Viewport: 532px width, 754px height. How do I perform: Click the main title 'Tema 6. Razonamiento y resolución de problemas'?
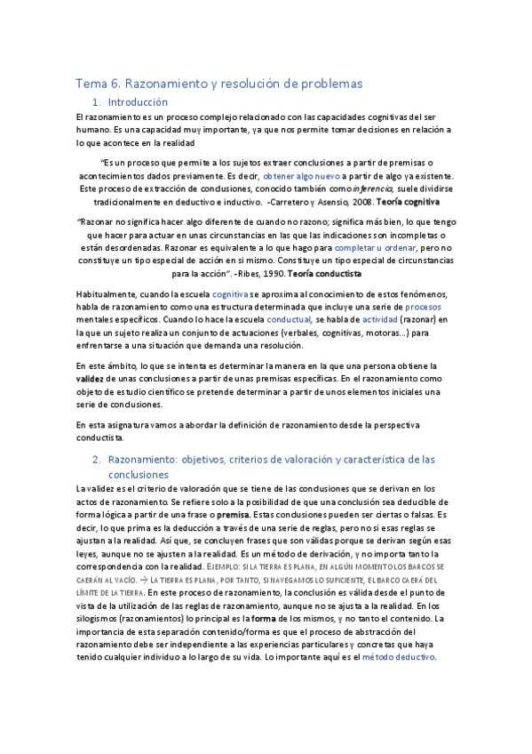pyautogui.click(x=218, y=84)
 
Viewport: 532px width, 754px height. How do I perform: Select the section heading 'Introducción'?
pyautogui.click(x=138, y=102)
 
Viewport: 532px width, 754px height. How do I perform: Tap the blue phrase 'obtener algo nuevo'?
pyautogui.click(x=298, y=176)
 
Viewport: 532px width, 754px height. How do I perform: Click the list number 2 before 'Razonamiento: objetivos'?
pyautogui.click(x=97, y=460)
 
